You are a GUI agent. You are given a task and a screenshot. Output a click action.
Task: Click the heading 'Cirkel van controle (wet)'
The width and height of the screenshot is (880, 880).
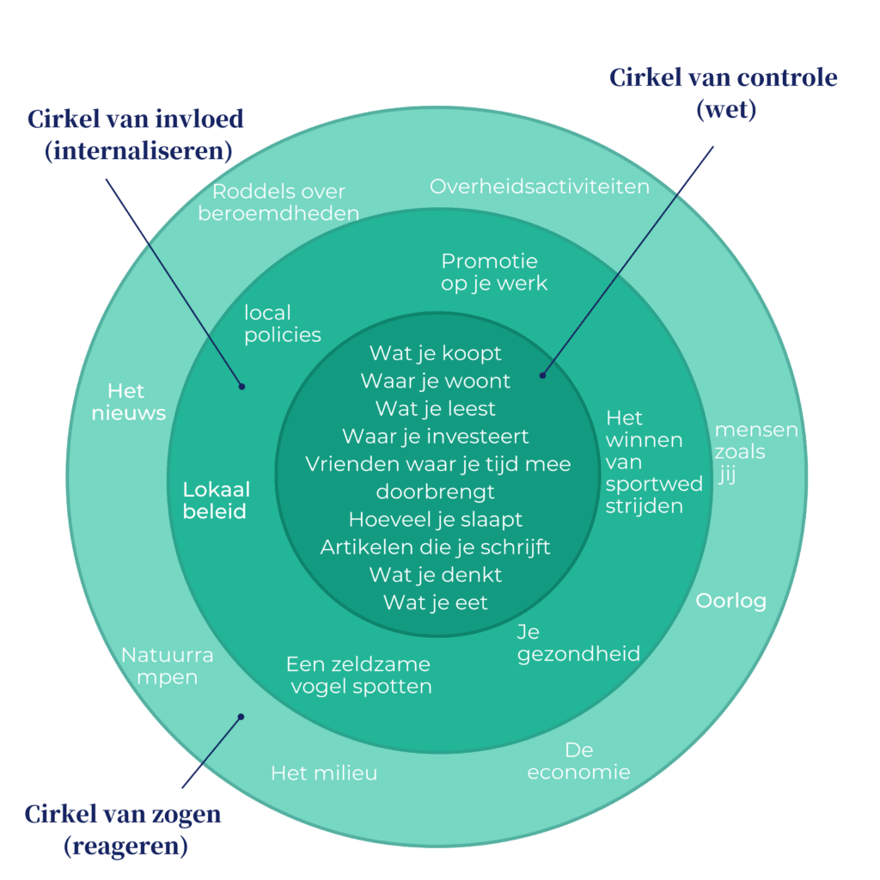pos(723,94)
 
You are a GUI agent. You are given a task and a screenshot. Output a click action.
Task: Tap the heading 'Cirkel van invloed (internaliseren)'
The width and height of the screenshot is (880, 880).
pos(136,134)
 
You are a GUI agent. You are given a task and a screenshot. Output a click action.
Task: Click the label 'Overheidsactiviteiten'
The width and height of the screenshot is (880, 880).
pos(540,186)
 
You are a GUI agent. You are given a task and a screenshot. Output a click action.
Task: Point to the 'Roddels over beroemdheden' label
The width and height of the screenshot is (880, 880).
pos(278,202)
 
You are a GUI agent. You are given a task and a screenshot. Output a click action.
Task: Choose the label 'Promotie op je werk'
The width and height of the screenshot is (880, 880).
pos(493,272)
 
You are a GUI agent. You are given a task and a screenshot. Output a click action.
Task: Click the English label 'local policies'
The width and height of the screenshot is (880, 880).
pos(282,323)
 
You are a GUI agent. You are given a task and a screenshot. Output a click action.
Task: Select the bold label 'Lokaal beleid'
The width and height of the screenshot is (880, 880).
pos(216,500)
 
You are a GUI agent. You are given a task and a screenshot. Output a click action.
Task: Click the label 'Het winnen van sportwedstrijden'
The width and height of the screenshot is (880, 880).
pos(653,461)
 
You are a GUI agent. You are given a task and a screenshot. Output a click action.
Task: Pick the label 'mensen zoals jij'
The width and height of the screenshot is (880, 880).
pos(755,451)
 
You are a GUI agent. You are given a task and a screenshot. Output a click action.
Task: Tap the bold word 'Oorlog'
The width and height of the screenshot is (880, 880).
pos(730,601)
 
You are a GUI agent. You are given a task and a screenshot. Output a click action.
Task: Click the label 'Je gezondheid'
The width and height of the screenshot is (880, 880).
pos(578,643)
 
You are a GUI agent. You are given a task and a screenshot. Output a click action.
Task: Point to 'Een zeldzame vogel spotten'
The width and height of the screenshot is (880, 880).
pos(358,675)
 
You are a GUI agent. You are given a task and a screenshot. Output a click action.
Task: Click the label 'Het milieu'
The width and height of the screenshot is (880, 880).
pos(324,773)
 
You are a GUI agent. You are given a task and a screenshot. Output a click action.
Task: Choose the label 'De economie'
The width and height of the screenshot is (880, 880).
pos(578,761)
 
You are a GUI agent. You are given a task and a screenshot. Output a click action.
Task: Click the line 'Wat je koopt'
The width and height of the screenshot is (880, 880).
pos(436,353)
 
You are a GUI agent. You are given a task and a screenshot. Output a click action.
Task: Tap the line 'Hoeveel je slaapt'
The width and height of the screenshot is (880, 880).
pos(436,520)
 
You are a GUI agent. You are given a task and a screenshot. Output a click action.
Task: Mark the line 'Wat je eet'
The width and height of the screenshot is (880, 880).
pos(436,602)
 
